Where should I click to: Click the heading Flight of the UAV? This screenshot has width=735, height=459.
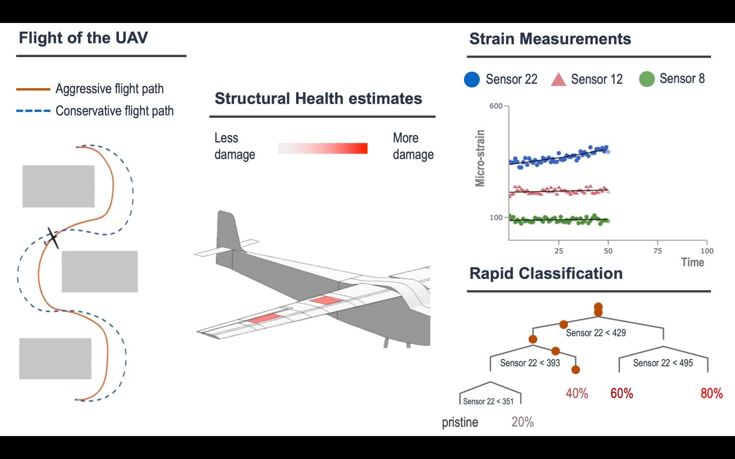(83, 38)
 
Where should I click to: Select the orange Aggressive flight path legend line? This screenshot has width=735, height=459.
(33, 89)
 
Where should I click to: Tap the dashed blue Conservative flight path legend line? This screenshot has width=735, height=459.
(33, 111)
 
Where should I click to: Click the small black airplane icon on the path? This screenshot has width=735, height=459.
(52, 238)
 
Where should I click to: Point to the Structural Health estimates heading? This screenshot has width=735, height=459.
(318, 98)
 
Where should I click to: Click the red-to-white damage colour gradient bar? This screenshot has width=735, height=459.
(322, 148)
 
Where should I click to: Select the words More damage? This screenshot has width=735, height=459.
(413, 146)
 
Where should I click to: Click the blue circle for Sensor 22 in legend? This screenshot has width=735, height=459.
(472, 80)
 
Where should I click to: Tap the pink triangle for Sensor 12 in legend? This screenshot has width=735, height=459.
(559, 80)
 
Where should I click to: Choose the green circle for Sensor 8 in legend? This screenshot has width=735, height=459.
(647, 79)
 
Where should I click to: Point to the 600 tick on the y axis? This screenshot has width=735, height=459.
(496, 106)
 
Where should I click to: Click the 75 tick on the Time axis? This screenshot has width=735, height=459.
(657, 250)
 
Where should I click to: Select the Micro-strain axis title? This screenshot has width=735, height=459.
(480, 158)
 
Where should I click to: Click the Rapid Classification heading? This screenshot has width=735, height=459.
(546, 273)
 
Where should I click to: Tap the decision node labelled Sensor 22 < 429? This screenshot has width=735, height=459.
(596, 333)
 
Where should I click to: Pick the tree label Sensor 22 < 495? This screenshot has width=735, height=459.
(663, 363)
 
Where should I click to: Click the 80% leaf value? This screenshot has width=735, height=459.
(712, 394)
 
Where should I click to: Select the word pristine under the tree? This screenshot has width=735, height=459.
(460, 423)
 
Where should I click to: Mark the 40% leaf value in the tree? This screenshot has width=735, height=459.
(577, 394)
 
